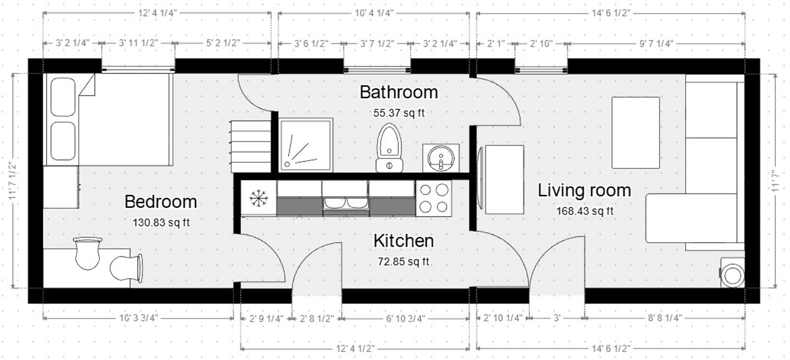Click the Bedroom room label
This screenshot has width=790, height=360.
pos(160,202)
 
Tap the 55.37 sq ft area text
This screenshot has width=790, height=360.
pos(399,113)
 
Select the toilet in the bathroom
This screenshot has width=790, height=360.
pos(389,147)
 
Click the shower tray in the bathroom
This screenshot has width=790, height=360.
pos(305,145)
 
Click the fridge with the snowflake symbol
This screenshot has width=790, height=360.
pos(258,198)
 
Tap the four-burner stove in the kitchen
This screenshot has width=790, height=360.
pos(434,198)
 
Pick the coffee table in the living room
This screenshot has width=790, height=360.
pos(635,132)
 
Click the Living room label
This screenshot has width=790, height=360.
pos(584,190)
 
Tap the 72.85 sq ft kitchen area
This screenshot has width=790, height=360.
pos(403,262)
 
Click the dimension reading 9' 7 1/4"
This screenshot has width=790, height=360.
pos(656,44)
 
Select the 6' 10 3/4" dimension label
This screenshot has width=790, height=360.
pos(405,318)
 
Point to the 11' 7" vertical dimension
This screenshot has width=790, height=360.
pos(776,181)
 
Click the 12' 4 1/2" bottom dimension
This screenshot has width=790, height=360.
pos(355,349)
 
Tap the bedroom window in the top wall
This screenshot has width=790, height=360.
pos(138,66)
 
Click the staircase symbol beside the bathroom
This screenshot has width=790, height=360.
pos(250,146)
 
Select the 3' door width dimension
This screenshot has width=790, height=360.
pos(557,318)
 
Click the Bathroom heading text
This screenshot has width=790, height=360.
pos(399,92)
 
